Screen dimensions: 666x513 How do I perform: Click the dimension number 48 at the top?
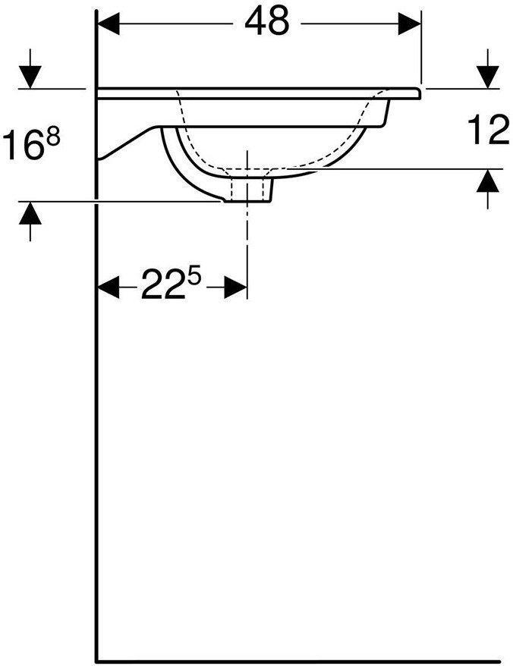[267, 23]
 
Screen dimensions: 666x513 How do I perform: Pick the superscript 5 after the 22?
[194, 278]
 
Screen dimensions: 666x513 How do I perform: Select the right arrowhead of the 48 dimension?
[411, 24]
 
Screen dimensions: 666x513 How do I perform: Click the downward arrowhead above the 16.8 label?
[30, 77]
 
